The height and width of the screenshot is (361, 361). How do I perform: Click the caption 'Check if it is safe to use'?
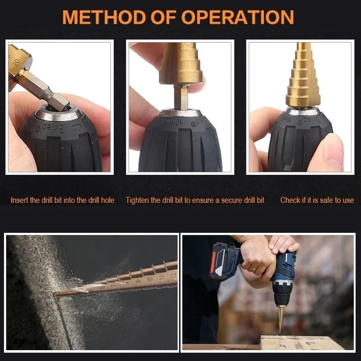[317, 200]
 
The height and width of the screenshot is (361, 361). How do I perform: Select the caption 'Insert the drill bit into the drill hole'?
[62, 200]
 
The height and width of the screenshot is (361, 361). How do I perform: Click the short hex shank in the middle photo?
[181, 97]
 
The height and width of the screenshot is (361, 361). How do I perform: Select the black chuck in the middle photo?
[180, 144]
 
